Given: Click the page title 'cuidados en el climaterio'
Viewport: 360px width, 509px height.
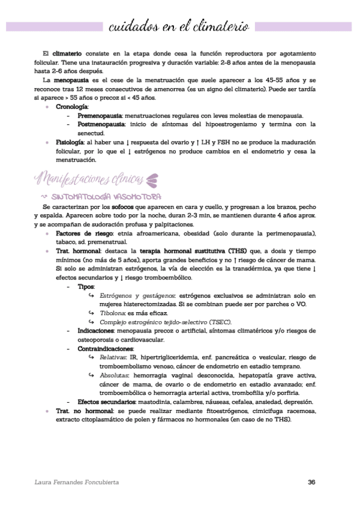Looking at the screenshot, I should click(x=180, y=27).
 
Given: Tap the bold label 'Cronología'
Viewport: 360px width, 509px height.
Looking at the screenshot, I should click(x=71, y=106).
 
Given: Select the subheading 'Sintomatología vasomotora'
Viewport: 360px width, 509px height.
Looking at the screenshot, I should click(x=106, y=196).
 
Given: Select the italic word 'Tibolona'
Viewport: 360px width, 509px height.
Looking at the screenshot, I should click(x=112, y=313).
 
